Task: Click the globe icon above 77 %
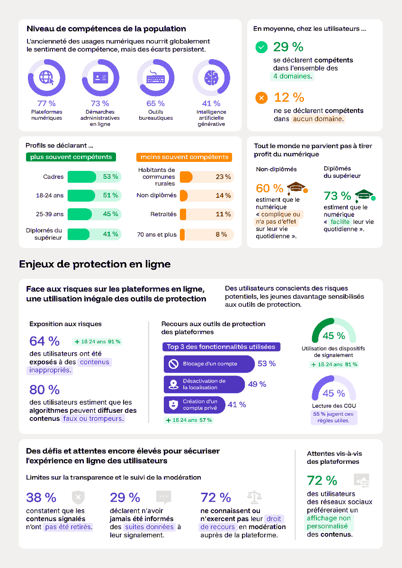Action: tap(46, 78)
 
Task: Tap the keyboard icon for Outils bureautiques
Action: tap(155, 78)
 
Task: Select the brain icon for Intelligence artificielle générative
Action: tap(211, 78)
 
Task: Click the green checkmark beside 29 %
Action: tap(261, 47)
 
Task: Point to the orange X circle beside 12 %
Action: tap(261, 98)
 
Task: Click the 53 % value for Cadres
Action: tap(110, 177)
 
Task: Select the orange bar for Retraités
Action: tap(183, 214)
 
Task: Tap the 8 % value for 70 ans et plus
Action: tap(221, 234)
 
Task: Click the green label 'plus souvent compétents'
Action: tap(71, 157)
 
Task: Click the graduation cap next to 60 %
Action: tap(297, 187)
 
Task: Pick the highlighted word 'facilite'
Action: tap(340, 222)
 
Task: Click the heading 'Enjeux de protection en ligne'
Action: tap(95, 264)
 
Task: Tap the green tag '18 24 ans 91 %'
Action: tap(98, 341)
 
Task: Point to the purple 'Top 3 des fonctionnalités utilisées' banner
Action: tap(221, 347)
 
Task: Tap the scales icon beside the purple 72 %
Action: tap(254, 497)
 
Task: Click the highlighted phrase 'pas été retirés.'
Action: tap(68, 527)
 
